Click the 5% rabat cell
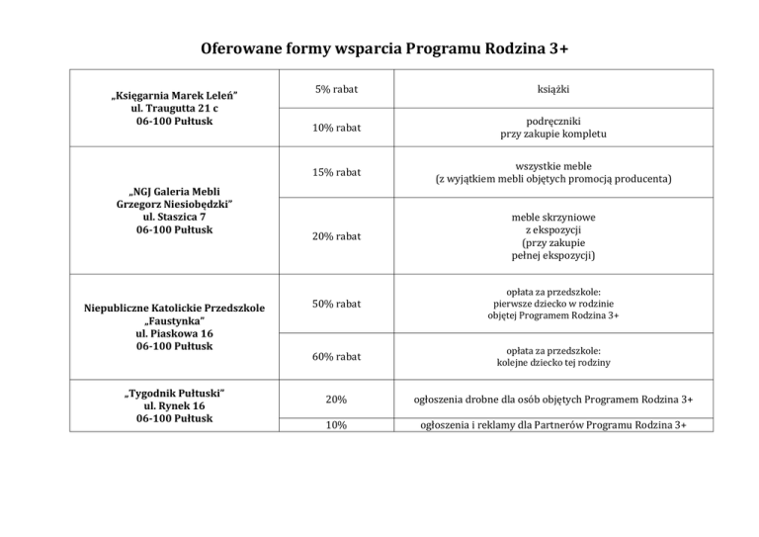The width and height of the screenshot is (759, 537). (336, 90)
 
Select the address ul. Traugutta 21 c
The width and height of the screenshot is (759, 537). (173, 109)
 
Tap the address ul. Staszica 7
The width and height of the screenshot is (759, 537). (173, 217)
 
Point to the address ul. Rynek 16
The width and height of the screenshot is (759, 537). (173, 406)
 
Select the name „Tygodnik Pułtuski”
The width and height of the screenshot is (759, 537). (173, 394)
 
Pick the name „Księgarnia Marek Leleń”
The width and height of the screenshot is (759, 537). (173, 96)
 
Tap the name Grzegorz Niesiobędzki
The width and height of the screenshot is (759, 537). (173, 204)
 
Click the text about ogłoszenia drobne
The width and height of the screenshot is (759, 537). (553, 400)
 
